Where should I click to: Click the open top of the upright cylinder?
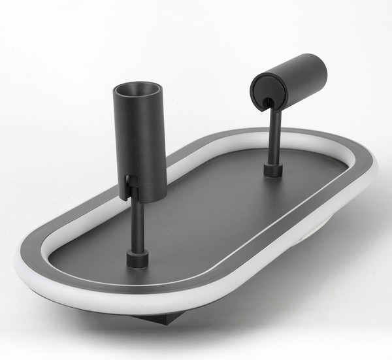coord(139,89)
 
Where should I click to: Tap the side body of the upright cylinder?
coord(145,144)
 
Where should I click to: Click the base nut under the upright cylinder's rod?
coord(137,260)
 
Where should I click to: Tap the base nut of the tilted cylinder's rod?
coord(274,171)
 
